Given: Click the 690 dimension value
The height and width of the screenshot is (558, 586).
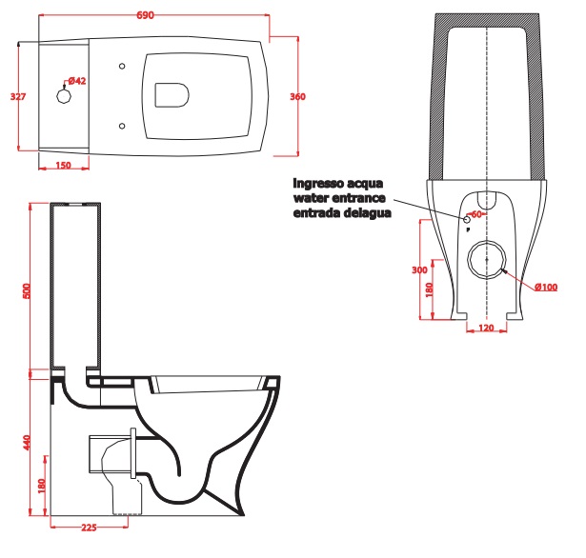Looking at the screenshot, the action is tap(145, 15).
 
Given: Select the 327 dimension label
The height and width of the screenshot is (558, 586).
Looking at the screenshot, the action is tap(18, 97).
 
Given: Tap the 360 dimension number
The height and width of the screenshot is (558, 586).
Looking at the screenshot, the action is tap(297, 97).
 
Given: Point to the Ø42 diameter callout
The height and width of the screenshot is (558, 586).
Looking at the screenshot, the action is tap(77, 81).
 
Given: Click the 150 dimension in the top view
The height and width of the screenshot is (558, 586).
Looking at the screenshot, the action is tap(63, 165).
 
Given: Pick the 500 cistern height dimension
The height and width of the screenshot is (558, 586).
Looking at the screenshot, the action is tap(27, 291).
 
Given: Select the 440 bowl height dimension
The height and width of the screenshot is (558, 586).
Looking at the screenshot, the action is tap(27, 442).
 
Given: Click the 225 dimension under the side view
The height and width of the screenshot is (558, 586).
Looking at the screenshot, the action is tap(89, 528).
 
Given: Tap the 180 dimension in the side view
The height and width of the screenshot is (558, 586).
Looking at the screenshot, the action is tap(42, 486).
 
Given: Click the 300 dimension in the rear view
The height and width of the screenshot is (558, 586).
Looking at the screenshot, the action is tap(419, 269).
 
